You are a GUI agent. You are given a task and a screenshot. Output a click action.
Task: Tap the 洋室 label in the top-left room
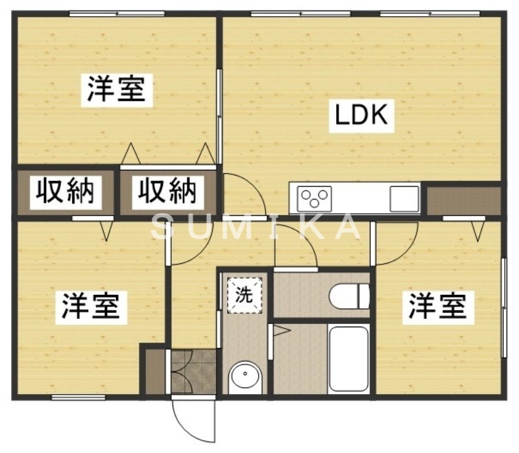(x=116, y=89)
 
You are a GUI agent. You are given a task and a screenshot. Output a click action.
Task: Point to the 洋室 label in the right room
(x=437, y=305)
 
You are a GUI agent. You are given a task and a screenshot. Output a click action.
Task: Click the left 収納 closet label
(x=64, y=191)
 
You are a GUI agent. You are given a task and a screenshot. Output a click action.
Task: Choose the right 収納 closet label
(x=166, y=191)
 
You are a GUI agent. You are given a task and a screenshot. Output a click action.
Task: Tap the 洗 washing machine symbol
(x=244, y=295)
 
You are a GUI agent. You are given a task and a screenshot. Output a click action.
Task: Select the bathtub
(x=349, y=359)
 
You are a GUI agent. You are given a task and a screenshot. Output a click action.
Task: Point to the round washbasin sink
(x=245, y=376)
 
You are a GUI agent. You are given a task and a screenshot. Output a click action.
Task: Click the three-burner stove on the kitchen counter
(x=315, y=196)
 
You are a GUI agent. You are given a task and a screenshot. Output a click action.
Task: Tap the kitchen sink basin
(x=404, y=198)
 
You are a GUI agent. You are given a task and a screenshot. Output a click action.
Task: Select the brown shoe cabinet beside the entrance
(x=155, y=371)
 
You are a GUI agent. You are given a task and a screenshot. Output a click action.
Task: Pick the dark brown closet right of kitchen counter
(x=463, y=200)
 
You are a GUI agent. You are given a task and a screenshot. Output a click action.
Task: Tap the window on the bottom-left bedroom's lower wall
(x=78, y=397)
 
